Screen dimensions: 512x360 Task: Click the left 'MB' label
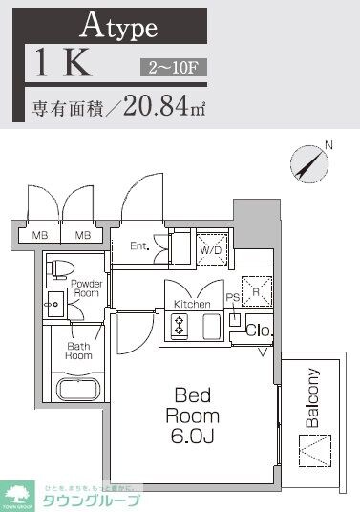coord(40,234)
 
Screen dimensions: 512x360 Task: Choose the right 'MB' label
coord(83,234)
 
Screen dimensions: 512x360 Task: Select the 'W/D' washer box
coord(211,248)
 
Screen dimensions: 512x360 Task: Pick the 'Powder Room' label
coord(85,289)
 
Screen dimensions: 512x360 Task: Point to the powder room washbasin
coord(53,305)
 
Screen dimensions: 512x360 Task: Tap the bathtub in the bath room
coord(77,388)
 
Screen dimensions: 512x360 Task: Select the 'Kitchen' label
coord(192,304)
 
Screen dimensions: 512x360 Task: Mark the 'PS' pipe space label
coord(231,296)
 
